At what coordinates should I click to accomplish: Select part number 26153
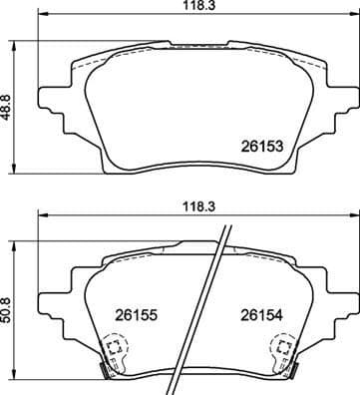tap(262, 146)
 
